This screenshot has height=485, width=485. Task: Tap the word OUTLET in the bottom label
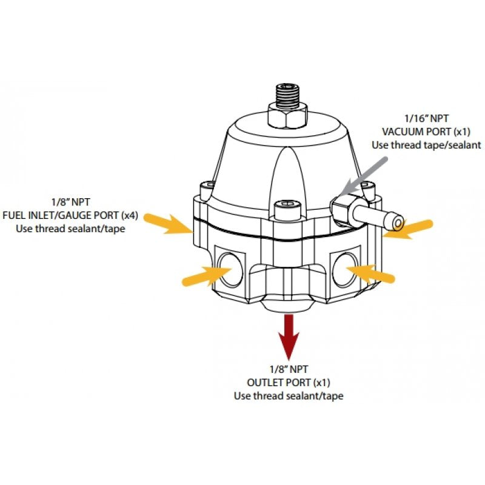coord(265,382)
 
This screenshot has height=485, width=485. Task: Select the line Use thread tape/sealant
coord(426,145)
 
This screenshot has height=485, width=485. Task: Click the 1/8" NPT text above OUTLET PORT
coord(289,369)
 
